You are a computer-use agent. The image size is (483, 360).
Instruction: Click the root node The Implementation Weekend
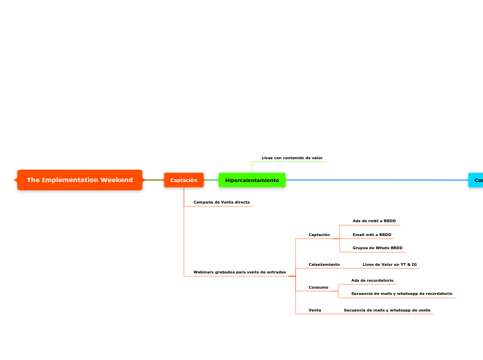pyautogui.click(x=80, y=180)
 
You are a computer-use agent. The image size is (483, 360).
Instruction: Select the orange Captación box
pyautogui.click(x=184, y=180)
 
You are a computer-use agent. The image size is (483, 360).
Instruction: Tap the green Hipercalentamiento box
pyautogui.click(x=252, y=180)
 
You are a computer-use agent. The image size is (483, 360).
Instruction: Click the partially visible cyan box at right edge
pyautogui.click(x=477, y=180)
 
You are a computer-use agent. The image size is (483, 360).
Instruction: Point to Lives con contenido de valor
pyautogui.click(x=292, y=158)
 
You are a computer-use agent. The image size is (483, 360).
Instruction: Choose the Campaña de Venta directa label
pyautogui.click(x=221, y=202)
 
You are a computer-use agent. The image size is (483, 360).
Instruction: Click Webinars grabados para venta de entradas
pyautogui.click(x=239, y=272)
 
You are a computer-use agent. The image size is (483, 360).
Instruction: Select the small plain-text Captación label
pyautogui.click(x=319, y=235)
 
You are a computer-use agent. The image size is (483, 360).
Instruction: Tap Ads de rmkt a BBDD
pyautogui.click(x=374, y=221)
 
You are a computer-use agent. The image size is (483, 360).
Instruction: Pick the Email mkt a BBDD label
pyautogui.click(x=371, y=235)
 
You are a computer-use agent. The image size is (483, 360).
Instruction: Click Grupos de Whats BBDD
pyautogui.click(x=377, y=248)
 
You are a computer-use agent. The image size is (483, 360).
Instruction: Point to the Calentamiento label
pyautogui.click(x=324, y=264)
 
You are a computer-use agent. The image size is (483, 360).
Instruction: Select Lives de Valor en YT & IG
pyautogui.click(x=389, y=264)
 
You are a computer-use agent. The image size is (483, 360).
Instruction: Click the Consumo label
pyautogui.click(x=318, y=287)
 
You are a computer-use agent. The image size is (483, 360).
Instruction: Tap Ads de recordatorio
pyautogui.click(x=372, y=280)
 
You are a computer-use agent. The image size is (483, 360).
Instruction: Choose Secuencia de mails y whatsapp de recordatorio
pyautogui.click(x=401, y=294)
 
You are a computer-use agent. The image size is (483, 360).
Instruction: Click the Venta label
pyautogui.click(x=315, y=310)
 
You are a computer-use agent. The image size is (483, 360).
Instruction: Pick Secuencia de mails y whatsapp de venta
pyautogui.click(x=387, y=310)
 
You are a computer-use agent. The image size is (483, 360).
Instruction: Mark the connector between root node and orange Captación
pyautogui.click(x=153, y=180)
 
